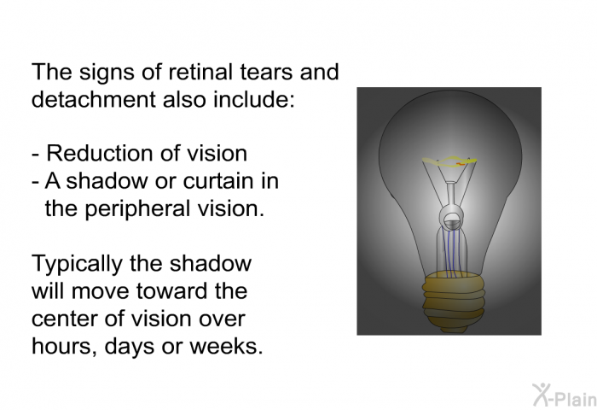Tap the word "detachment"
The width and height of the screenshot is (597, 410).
click(x=94, y=99)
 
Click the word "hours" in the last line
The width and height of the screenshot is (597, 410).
click(x=64, y=347)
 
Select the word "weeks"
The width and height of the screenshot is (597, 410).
click(x=226, y=346)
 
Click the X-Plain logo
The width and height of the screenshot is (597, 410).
click(x=565, y=395)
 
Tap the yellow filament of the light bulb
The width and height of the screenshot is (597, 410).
click(x=449, y=161)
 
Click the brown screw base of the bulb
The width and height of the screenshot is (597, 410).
click(x=454, y=301)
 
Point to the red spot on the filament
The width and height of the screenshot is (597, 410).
click(x=461, y=164)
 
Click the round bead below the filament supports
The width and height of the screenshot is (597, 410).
click(x=452, y=218)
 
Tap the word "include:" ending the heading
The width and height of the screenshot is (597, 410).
click(x=254, y=99)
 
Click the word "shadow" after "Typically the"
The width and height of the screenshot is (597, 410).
click(x=211, y=264)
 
